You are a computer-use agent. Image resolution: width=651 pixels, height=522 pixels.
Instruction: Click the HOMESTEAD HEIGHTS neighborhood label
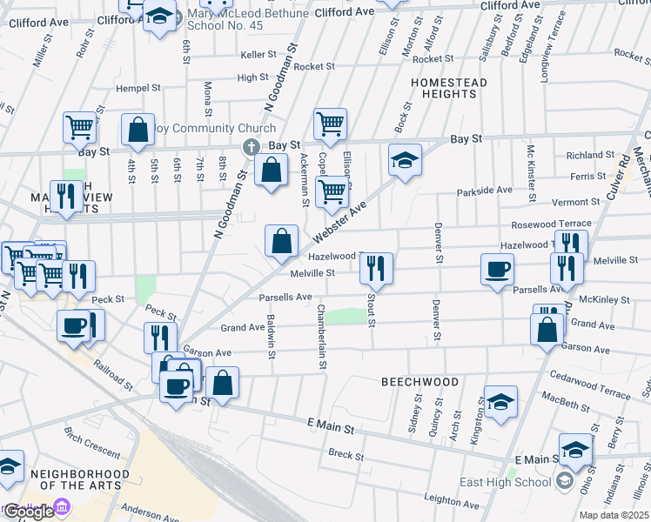coord(448,89)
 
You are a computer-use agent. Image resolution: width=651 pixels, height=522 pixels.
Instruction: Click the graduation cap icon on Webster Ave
coord(405,160)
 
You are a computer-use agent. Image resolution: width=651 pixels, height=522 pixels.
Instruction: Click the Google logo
coord(29,512)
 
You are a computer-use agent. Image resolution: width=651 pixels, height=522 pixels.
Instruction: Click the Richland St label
coord(590,155)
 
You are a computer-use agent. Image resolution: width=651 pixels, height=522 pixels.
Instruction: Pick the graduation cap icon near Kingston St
coord(500,402)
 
